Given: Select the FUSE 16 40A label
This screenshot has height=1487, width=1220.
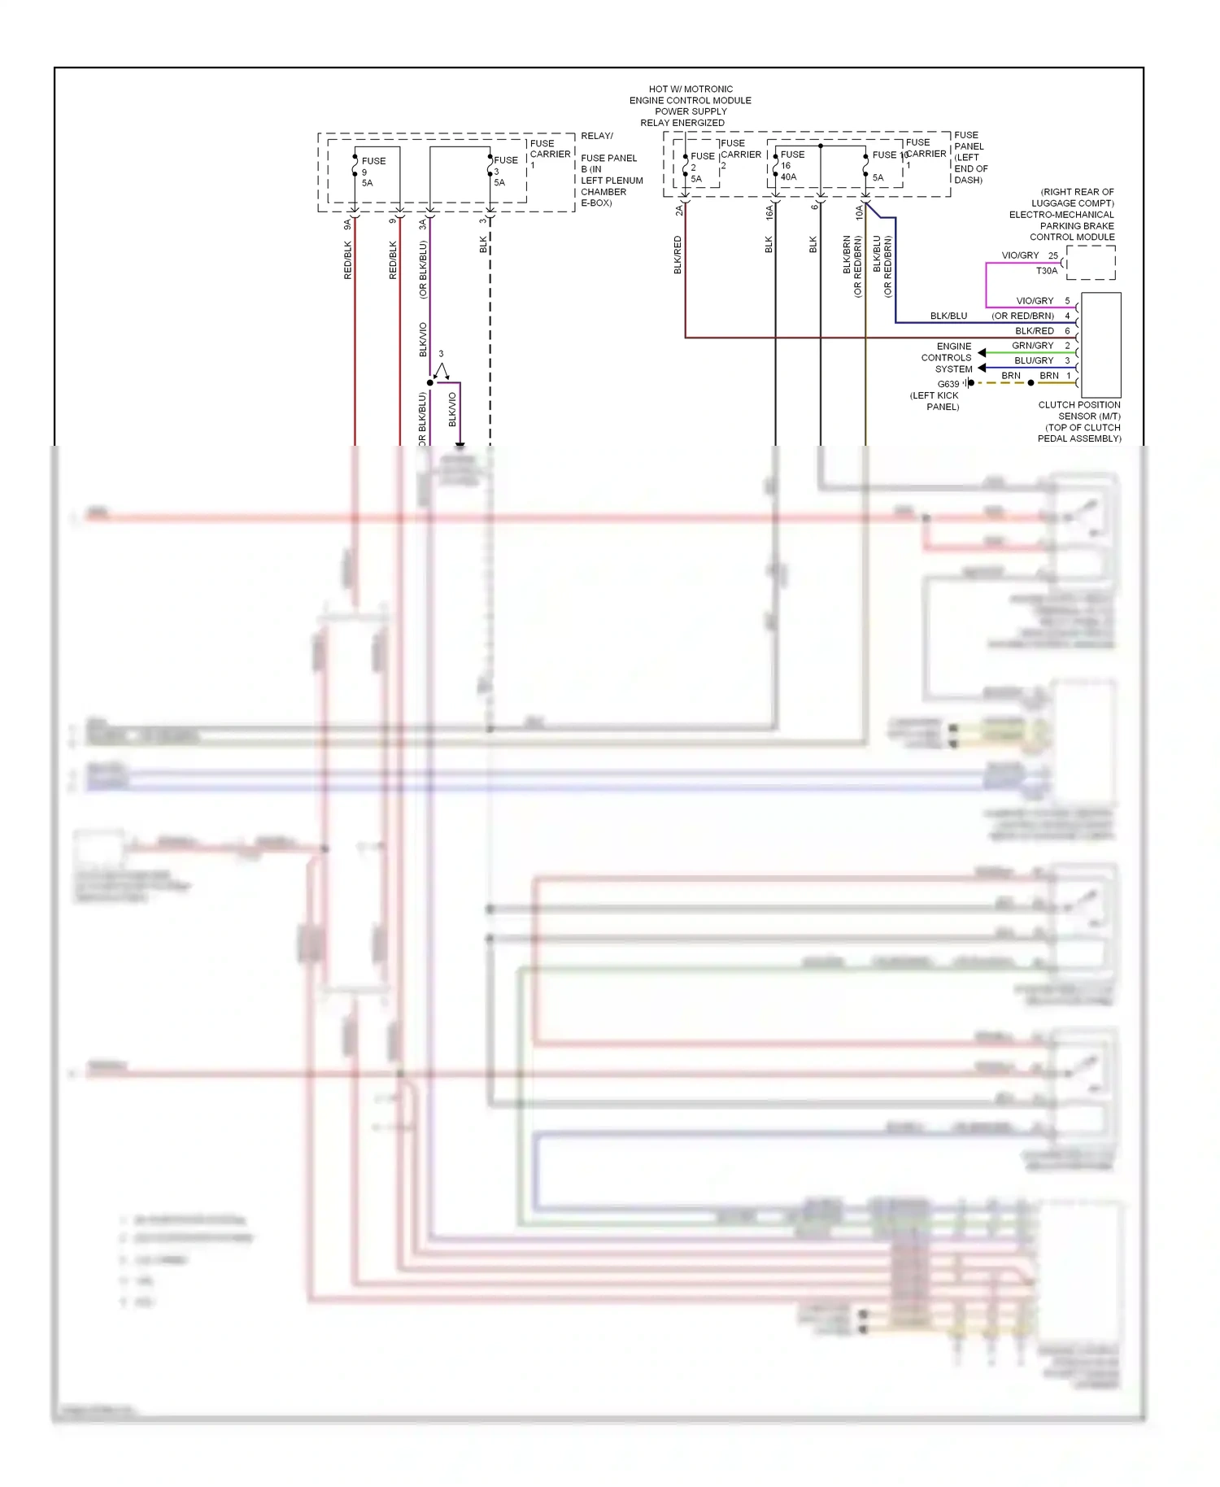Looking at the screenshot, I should pyautogui.click(x=791, y=165).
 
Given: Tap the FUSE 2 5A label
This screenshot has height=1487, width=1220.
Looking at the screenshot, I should pyautogui.click(x=701, y=167).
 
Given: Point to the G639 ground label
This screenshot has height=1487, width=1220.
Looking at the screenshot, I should pyautogui.click(x=948, y=384).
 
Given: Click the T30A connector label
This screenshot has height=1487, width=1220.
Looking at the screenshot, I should pyautogui.click(x=1046, y=271).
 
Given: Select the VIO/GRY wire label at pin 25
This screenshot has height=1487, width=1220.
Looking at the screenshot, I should pyautogui.click(x=1020, y=255).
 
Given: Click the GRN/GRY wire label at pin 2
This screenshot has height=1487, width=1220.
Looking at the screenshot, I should pyautogui.click(x=1032, y=346).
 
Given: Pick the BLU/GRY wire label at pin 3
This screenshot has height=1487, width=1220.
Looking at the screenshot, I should pyautogui.click(x=1033, y=360).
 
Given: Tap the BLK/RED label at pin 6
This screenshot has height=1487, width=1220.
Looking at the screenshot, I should pyautogui.click(x=1034, y=331).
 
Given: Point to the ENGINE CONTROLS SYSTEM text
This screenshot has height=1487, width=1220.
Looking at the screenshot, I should pyautogui.click(x=947, y=358).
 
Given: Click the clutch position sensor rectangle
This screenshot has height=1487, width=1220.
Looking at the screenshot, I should pyautogui.click(x=1100, y=344).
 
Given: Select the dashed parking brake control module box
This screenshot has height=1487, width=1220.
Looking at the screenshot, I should pyautogui.click(x=1091, y=263).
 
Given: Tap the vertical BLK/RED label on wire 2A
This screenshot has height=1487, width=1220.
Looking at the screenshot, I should pyautogui.click(x=678, y=255).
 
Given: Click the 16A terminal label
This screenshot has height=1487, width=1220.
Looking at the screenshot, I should pyautogui.click(x=769, y=213).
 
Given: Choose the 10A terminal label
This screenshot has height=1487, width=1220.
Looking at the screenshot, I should pyautogui.click(x=859, y=213).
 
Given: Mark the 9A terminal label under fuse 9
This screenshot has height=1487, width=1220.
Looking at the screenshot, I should pyautogui.click(x=347, y=224).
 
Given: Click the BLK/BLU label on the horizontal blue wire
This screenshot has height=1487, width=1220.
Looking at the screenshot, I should pyautogui.click(x=948, y=316).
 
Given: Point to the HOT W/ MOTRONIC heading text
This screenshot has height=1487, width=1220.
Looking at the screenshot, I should pyautogui.click(x=691, y=106).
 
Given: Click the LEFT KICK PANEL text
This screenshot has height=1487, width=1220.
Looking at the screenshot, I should pyautogui.click(x=935, y=401).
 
